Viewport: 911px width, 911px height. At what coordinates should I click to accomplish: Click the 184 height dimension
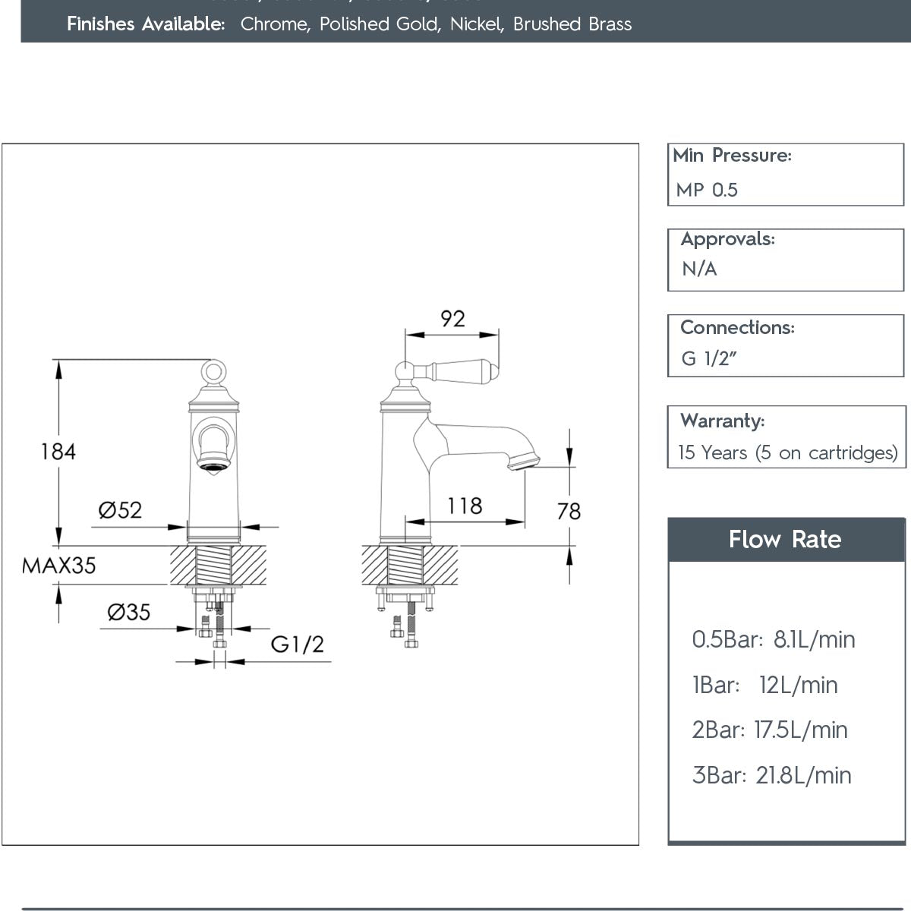pyautogui.click(x=58, y=452)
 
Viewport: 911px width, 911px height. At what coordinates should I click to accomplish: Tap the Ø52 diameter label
pyautogui.click(x=120, y=509)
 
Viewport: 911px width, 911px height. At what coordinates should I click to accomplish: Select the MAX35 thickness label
pyautogui.click(x=59, y=566)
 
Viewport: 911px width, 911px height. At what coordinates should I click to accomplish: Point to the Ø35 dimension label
pyautogui.click(x=128, y=612)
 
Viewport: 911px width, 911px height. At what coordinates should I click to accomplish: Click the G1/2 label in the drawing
pyautogui.click(x=298, y=645)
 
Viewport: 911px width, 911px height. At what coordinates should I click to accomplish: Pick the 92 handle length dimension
pyautogui.click(x=452, y=319)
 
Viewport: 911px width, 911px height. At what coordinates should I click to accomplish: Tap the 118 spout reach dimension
pyautogui.click(x=465, y=506)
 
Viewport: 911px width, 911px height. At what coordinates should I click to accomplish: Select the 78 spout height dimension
pyautogui.click(x=569, y=512)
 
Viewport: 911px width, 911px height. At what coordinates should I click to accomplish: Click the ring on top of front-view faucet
pyautogui.click(x=213, y=371)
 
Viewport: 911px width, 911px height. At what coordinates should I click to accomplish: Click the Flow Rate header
pyautogui.click(x=785, y=540)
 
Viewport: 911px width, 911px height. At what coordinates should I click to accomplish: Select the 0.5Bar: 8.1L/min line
pyautogui.click(x=773, y=640)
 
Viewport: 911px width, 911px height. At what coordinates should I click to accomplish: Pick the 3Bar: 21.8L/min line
pyautogui.click(x=771, y=776)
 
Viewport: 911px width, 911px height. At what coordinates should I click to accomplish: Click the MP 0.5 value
pyautogui.click(x=707, y=190)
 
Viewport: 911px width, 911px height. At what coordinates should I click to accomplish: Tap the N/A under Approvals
pyautogui.click(x=699, y=269)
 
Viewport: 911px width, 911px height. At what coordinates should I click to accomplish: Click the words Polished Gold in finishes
pyautogui.click(x=379, y=24)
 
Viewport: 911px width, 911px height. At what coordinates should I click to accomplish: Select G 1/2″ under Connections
pyautogui.click(x=705, y=358)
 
